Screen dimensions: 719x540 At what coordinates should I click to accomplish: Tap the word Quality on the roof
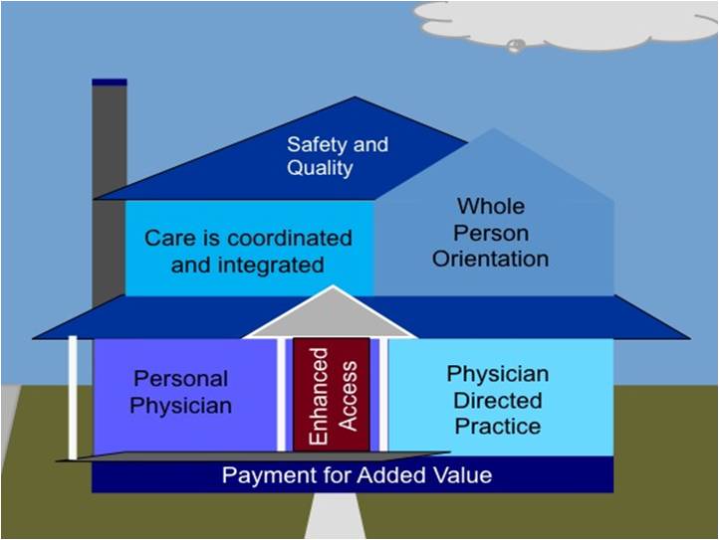point(320,168)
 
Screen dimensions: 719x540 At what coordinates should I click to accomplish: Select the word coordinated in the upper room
point(290,238)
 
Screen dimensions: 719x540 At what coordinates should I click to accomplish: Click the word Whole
point(491,206)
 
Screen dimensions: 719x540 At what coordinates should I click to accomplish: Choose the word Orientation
point(490,259)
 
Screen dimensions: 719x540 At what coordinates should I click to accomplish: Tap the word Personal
point(180,379)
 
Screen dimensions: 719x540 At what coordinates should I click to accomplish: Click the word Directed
point(498,401)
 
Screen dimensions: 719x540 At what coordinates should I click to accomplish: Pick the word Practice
point(498,427)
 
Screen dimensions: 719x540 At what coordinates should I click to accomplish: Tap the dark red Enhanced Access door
point(332,395)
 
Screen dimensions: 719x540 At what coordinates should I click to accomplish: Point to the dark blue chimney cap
point(110,83)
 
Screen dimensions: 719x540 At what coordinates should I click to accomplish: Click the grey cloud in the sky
point(567,25)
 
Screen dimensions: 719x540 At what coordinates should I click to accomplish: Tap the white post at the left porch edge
point(73,397)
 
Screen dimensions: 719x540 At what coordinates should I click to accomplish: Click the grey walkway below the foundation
point(335,515)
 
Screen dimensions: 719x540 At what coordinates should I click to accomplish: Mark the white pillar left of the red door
point(281,395)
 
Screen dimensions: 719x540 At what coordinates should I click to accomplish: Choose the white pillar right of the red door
point(383,395)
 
